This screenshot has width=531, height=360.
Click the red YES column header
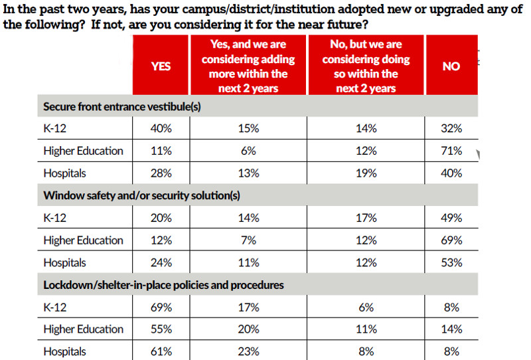pos(161,66)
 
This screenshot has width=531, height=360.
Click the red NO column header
pos(451,66)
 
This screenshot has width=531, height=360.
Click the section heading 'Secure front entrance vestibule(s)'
pos(122,106)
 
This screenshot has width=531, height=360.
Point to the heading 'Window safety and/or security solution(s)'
pos(141,195)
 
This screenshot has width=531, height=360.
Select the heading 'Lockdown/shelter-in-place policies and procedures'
pos(163,285)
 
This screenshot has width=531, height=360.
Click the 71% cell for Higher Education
pos(451,151)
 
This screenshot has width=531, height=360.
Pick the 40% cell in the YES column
pos(161,129)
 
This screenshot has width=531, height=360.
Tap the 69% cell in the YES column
pos(161,308)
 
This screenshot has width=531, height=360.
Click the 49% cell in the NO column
pos(451,218)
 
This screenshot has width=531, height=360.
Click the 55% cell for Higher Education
pos(161,329)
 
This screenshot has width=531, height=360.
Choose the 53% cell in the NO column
pos(451,262)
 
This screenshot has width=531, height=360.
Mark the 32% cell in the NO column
pos(451,129)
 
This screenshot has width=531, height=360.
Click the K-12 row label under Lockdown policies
pos(55,308)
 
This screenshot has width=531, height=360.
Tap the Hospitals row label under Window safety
pos(64,262)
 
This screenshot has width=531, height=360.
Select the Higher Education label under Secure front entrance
pos(83,151)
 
